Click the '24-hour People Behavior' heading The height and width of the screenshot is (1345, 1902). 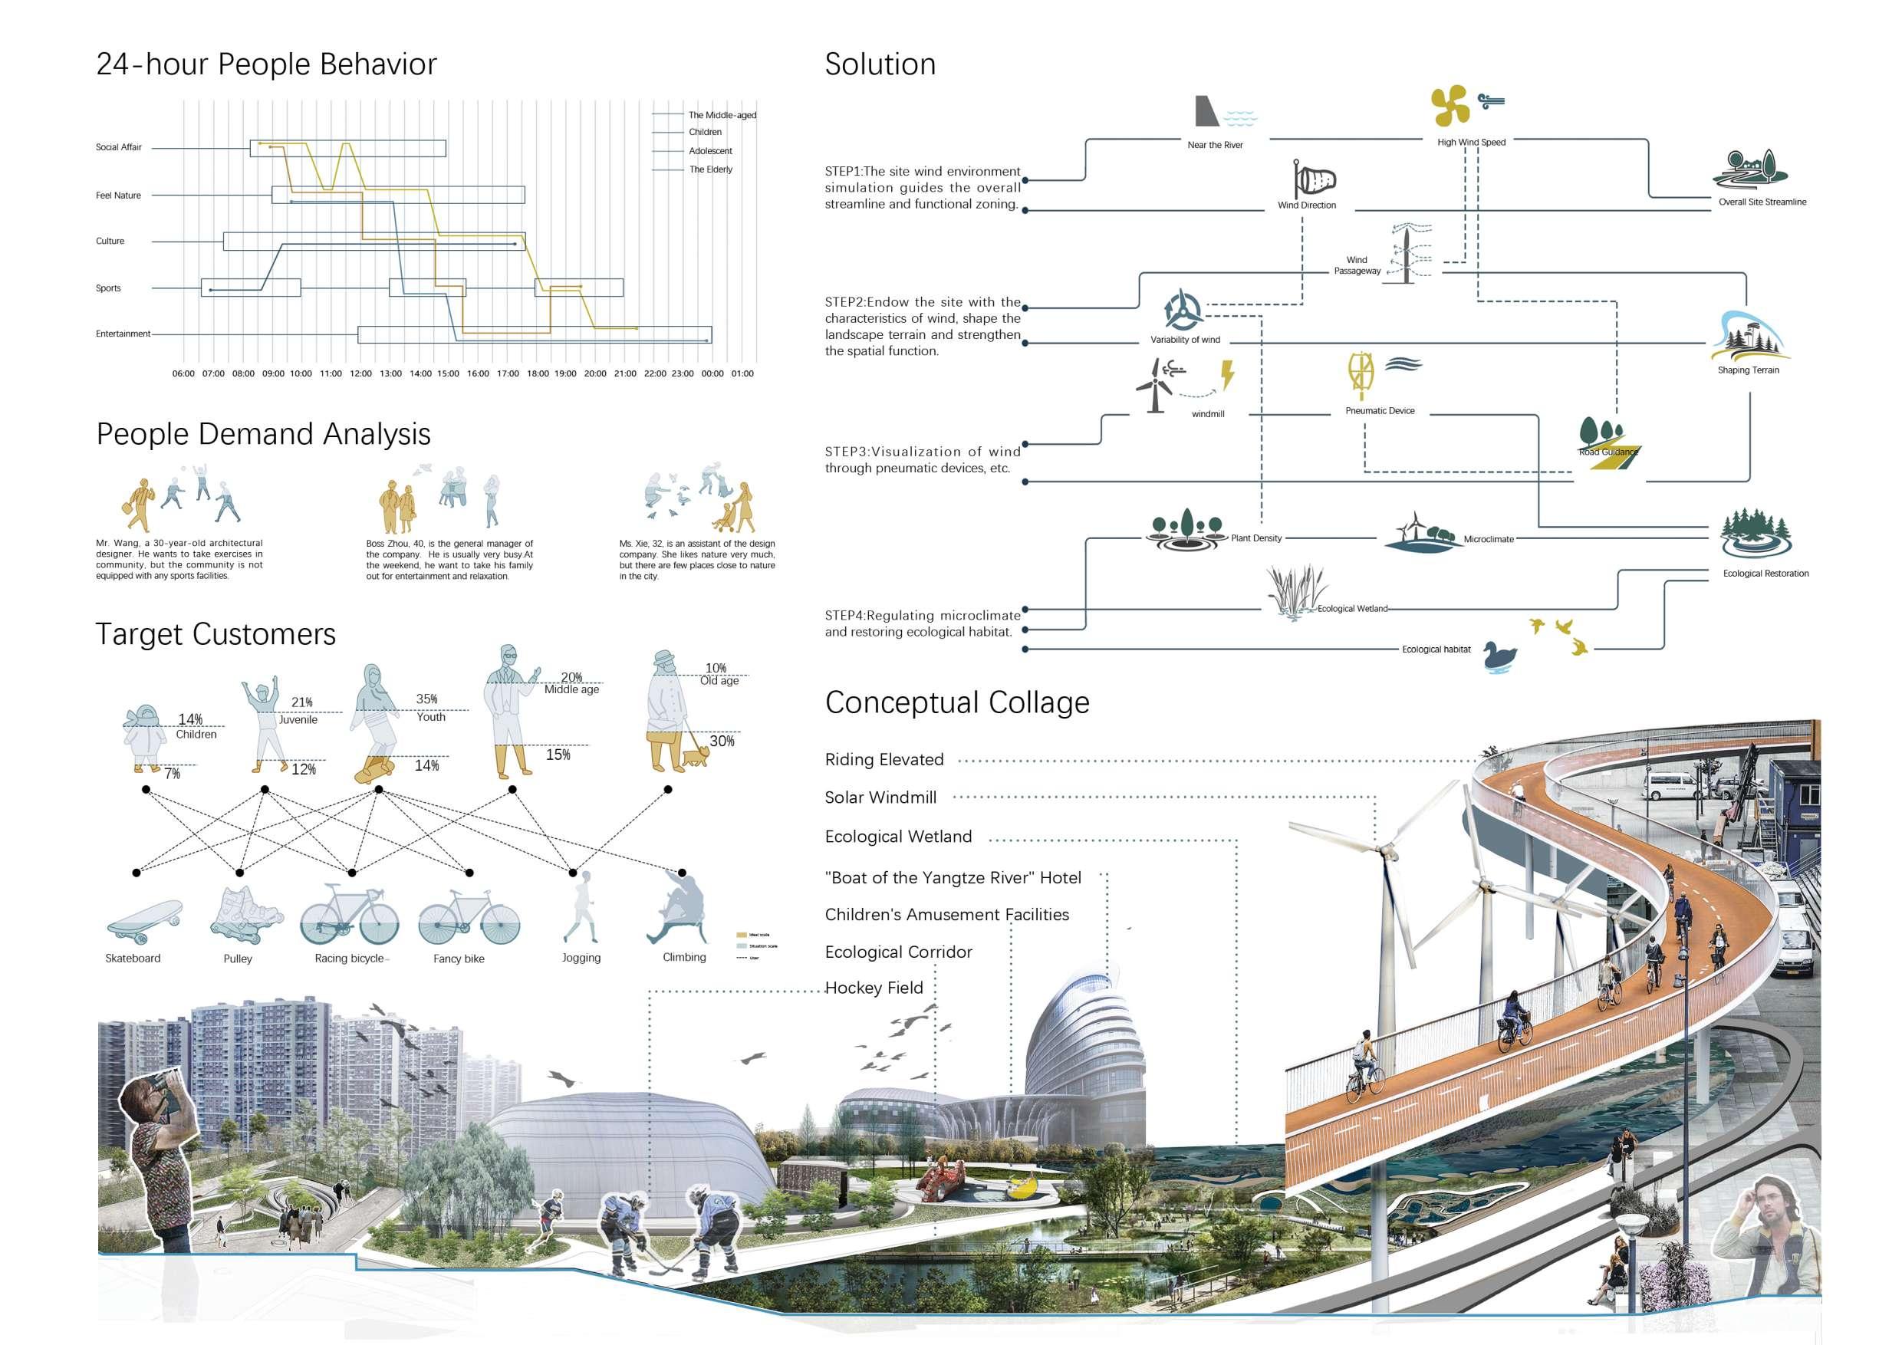(266, 64)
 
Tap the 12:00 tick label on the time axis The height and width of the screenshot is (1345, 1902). (360, 373)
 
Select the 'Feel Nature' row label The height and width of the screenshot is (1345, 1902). (118, 196)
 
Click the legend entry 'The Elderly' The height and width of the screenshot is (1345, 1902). (711, 169)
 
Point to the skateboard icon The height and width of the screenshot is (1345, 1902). (144, 922)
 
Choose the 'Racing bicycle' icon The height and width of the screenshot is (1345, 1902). (349, 915)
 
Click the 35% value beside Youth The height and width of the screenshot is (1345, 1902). (426, 699)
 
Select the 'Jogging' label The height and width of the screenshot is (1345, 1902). (581, 959)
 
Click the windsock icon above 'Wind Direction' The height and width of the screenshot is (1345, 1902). (1314, 179)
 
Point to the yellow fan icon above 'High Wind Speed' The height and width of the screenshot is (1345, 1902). (1450, 105)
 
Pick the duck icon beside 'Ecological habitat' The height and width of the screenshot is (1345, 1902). (1499, 656)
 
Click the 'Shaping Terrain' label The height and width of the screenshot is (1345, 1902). (1748, 370)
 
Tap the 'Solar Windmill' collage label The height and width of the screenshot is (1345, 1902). (880, 797)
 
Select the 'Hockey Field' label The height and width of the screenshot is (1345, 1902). (874, 988)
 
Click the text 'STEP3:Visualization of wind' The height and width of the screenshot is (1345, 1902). (922, 452)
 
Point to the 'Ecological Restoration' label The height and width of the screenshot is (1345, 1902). (1765, 573)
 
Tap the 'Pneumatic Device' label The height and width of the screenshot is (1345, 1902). (1379, 411)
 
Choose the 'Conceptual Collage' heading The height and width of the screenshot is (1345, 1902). (957, 702)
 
